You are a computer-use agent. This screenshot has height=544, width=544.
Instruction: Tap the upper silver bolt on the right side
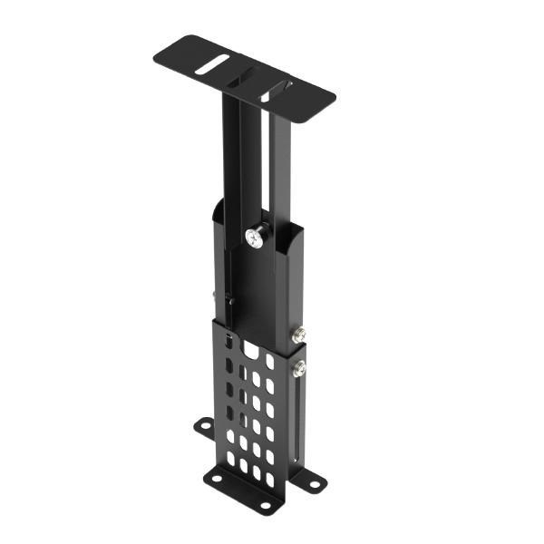pos(298,335)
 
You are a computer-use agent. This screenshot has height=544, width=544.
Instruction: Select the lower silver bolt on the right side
pos(298,368)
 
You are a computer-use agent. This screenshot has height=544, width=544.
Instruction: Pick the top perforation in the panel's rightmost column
pos(269,362)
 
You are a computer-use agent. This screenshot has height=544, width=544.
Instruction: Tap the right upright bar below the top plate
pos(281,154)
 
